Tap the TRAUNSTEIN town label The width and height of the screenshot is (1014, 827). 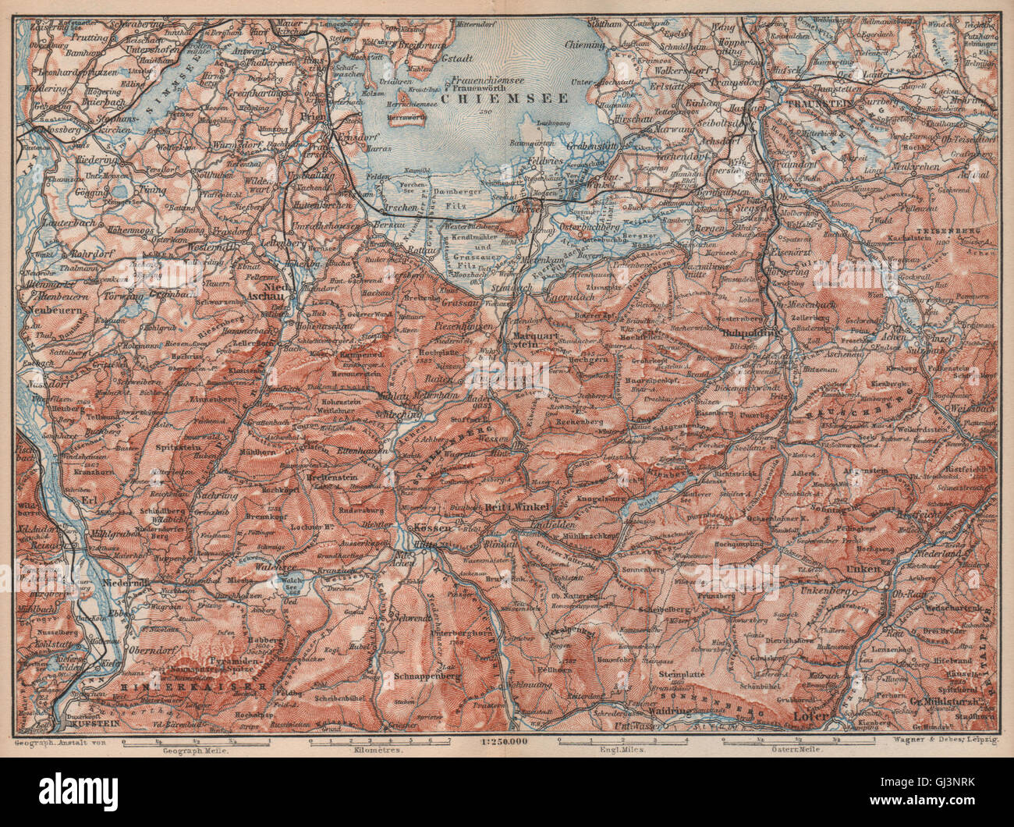820,103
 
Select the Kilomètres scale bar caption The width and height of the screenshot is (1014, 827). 380,749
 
